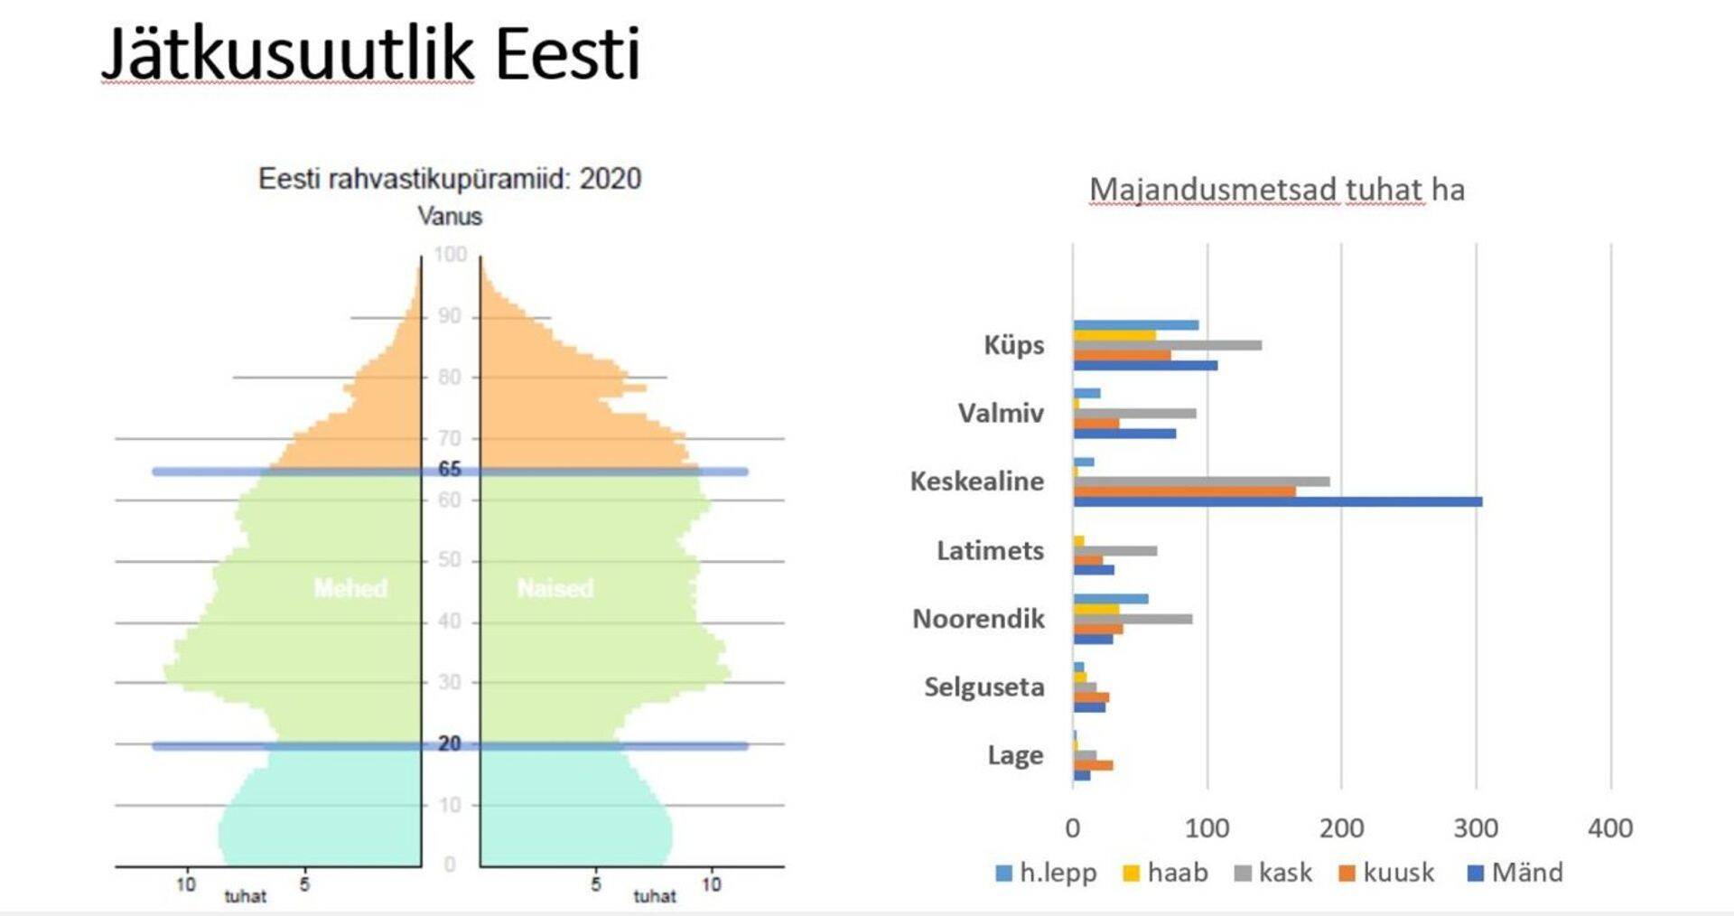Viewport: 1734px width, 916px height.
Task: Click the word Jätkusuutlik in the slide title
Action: pos(287,54)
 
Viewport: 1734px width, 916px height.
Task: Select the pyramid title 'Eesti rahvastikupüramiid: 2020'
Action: pos(450,179)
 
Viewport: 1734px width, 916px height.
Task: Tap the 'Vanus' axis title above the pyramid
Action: pos(450,217)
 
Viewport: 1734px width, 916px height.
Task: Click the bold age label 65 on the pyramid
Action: pos(450,469)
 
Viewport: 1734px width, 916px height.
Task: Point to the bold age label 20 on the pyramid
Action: pos(450,743)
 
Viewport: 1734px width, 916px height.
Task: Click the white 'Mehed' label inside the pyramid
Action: pos(350,589)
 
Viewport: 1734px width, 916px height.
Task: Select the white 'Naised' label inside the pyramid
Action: pos(555,589)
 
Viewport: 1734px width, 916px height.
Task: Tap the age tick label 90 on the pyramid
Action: pos(450,316)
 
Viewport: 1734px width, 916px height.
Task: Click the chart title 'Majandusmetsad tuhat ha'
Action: pos(1276,190)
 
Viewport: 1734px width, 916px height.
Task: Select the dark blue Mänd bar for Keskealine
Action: pos(1277,502)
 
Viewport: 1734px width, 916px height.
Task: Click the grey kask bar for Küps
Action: pos(1167,345)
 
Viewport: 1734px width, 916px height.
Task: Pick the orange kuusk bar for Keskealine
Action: pos(1184,491)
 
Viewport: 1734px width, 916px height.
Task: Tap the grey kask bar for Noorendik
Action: pos(1133,619)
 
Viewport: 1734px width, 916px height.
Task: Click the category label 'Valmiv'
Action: pos(1001,413)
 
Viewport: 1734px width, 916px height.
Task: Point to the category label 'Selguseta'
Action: pos(984,687)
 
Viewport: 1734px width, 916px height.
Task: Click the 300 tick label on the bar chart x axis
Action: pos(1476,827)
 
